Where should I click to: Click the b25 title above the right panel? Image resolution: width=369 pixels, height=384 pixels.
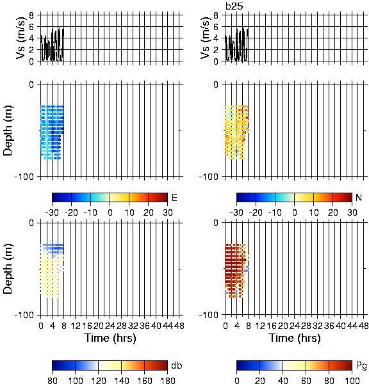pyautogui.click(x=234, y=6)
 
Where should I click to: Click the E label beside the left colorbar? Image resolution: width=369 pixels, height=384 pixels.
pyautogui.click(x=174, y=198)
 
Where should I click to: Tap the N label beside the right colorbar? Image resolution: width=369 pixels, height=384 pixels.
pyautogui.click(x=359, y=197)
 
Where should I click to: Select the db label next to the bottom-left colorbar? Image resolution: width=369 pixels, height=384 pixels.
pyautogui.click(x=177, y=365)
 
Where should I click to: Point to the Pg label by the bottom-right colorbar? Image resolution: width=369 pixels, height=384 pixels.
pyautogui.click(x=361, y=366)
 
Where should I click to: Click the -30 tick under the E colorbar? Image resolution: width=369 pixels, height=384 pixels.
pyautogui.click(x=52, y=212)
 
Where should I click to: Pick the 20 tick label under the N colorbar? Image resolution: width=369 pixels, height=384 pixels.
pyautogui.click(x=332, y=212)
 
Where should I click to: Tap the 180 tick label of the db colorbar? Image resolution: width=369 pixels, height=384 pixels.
pyautogui.click(x=167, y=380)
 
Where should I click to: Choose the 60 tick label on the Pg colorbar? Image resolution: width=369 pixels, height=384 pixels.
pyautogui.click(x=306, y=380)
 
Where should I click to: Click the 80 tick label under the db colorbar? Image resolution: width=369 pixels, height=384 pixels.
pyautogui.click(x=53, y=380)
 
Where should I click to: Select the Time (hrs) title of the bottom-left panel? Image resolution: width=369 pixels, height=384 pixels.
pyautogui.click(x=110, y=338)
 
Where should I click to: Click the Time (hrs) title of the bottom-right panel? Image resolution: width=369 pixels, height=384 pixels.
pyautogui.click(x=295, y=338)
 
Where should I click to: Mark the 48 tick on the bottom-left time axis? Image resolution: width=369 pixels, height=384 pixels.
pyautogui.click(x=179, y=326)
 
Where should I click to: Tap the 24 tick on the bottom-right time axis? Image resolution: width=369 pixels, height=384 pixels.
pyautogui.click(x=294, y=326)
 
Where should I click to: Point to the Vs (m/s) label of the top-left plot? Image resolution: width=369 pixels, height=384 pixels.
pyautogui.click(x=21, y=38)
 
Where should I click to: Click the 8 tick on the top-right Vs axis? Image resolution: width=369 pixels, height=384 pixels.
pyautogui.click(x=216, y=15)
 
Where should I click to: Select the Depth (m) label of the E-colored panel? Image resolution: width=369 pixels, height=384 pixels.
pyautogui.click(x=8, y=131)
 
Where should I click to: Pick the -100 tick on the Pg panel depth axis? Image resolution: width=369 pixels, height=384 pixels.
pyautogui.click(x=208, y=315)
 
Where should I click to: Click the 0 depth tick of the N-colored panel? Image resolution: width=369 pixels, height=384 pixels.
pyautogui.click(x=216, y=84)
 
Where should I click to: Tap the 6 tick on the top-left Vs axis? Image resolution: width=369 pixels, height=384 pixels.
pyautogui.click(x=31, y=27)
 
